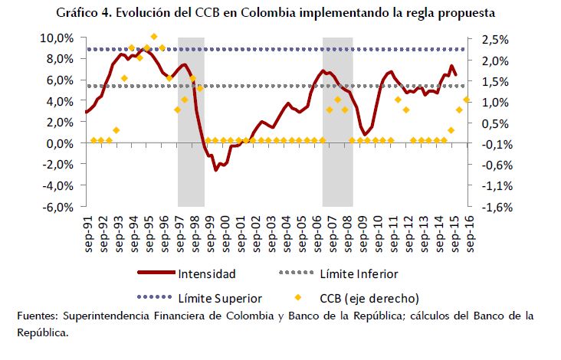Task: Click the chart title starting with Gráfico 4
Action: coord(280,13)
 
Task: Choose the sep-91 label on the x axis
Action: coord(90,229)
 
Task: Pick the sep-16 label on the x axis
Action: coord(470,229)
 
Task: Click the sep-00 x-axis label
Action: coord(226,229)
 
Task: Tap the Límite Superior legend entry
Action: coord(221,298)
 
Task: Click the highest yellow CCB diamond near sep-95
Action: coord(154,36)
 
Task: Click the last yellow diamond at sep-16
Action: coord(467,100)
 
